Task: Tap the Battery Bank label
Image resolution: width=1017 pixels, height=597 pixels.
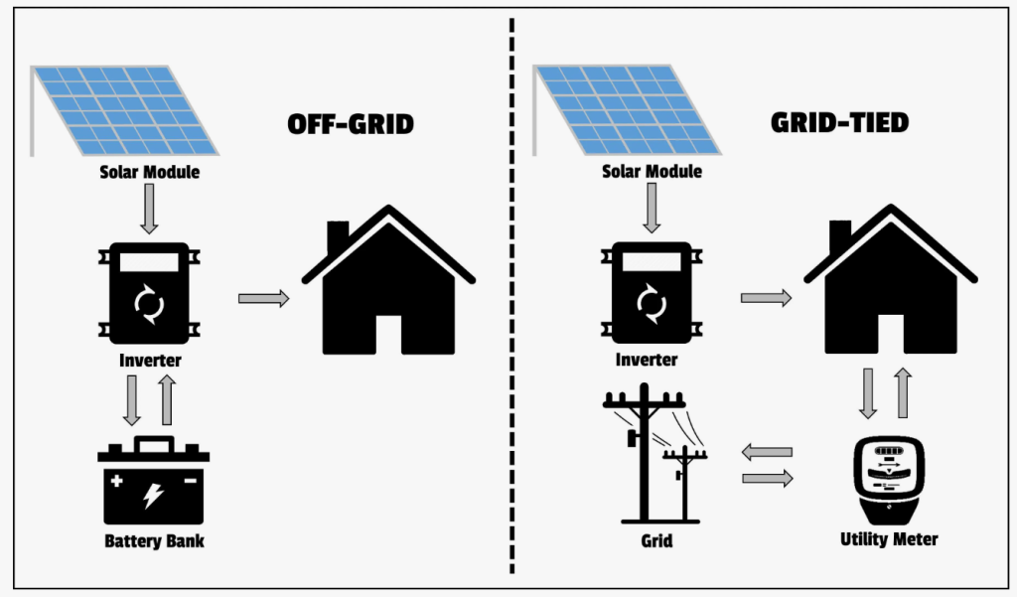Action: (154, 541)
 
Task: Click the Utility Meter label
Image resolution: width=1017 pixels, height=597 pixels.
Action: (889, 539)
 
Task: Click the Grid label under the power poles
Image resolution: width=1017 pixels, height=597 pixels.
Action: (656, 541)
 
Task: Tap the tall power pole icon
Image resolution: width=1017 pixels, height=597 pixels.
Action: (645, 452)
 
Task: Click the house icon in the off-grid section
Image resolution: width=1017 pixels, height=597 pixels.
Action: (388, 283)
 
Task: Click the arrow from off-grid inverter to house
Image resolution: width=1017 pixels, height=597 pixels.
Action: (263, 298)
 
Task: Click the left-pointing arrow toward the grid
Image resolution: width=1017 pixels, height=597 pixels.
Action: (767, 452)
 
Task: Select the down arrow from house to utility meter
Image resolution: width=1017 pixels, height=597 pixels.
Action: (868, 394)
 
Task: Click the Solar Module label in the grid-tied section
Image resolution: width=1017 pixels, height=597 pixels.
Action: (652, 172)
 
